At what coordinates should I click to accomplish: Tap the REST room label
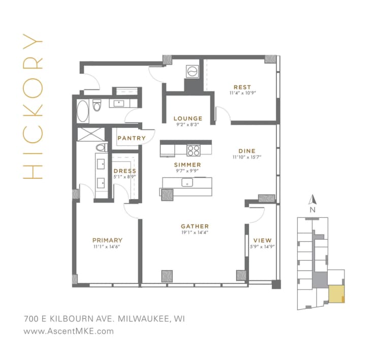[242, 87]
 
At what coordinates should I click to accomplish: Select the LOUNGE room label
[188, 118]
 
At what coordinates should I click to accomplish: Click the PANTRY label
[132, 138]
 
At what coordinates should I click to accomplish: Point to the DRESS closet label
[124, 171]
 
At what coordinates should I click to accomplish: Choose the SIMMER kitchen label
[187, 165]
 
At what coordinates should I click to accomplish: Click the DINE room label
[246, 151]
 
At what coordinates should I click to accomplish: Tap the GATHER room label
[195, 226]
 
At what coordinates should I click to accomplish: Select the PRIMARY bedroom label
[107, 240]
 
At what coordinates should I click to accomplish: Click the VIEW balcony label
[262, 240]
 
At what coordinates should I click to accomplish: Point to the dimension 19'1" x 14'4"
[195, 233]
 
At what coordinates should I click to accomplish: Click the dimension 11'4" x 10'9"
[242, 93]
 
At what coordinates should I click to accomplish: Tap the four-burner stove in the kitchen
[193, 150]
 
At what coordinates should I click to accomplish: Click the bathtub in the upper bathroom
[82, 110]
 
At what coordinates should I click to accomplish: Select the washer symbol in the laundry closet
[193, 71]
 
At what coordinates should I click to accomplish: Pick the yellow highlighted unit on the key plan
[336, 294]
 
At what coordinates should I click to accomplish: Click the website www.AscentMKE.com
[69, 331]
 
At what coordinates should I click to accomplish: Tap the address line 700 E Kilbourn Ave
[104, 319]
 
